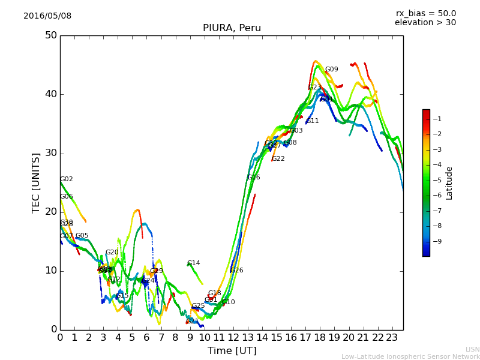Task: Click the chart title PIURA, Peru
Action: coord(232,28)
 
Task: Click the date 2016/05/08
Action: coord(47,16)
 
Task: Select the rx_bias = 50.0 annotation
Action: coord(425,14)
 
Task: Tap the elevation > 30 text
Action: coord(425,23)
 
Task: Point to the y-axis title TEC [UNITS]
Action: coord(36,182)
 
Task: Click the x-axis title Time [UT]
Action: coord(232,351)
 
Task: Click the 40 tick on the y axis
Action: coord(50,94)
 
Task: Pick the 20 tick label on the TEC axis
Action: coord(50,212)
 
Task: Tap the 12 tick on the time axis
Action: coord(233,338)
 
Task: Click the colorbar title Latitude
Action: coord(449,183)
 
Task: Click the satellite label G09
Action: coord(331,70)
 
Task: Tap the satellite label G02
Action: coord(67,179)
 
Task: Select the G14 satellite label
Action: coord(193,263)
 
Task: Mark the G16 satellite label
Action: coord(254,178)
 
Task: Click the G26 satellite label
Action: coord(236,271)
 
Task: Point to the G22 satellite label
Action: coord(278,159)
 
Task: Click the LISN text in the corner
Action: coord(472,349)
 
